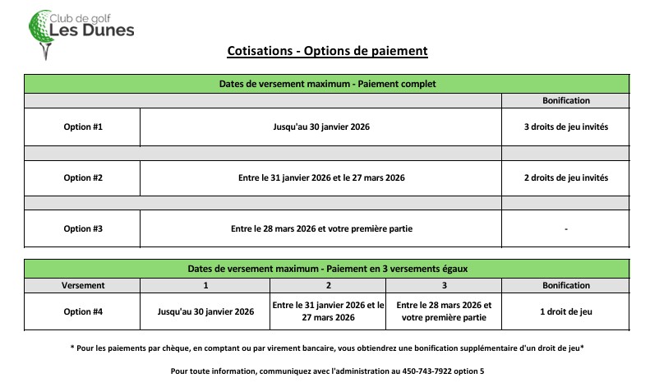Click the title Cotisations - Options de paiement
(x=327, y=52)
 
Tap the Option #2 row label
(x=83, y=177)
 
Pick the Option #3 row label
(x=83, y=228)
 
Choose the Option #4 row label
(x=83, y=311)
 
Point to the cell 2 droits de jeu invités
(x=565, y=177)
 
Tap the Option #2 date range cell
(x=321, y=177)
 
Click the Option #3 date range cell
(x=321, y=228)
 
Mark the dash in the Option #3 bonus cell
(x=565, y=229)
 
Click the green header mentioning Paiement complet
(x=327, y=84)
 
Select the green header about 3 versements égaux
(x=327, y=269)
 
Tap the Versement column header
(x=83, y=285)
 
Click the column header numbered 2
(x=328, y=285)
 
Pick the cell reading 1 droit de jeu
(x=565, y=311)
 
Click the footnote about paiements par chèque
(x=327, y=348)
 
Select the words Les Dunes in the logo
(x=92, y=31)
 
